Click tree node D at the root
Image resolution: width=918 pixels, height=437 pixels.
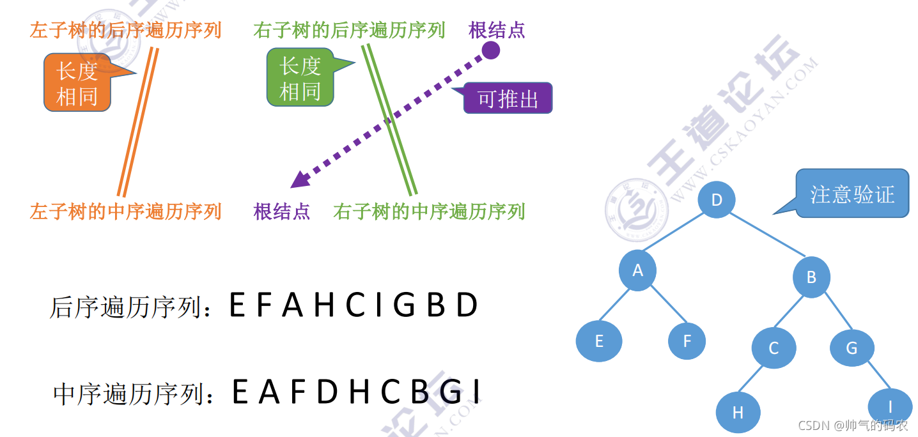(x=716, y=199)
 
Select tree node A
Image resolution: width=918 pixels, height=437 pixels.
(x=637, y=271)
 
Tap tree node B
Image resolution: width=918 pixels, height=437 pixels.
(x=811, y=277)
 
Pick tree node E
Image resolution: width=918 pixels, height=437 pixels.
(x=599, y=341)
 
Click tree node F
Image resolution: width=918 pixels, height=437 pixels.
(x=687, y=341)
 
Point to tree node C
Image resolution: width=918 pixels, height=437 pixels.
(x=774, y=348)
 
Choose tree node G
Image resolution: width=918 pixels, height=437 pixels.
(x=852, y=348)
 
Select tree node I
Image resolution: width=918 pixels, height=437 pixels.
(x=889, y=407)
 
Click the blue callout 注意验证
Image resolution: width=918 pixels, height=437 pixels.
(x=852, y=194)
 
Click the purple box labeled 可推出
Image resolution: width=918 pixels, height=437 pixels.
(x=508, y=98)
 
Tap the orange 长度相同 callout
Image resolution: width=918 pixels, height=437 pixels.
(x=77, y=82)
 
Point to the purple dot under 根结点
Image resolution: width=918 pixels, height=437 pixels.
(x=490, y=50)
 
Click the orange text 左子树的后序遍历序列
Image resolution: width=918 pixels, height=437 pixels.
(x=125, y=29)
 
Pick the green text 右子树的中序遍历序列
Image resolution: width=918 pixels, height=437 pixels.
(x=429, y=211)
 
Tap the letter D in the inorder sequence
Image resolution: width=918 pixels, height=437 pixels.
(x=327, y=392)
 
